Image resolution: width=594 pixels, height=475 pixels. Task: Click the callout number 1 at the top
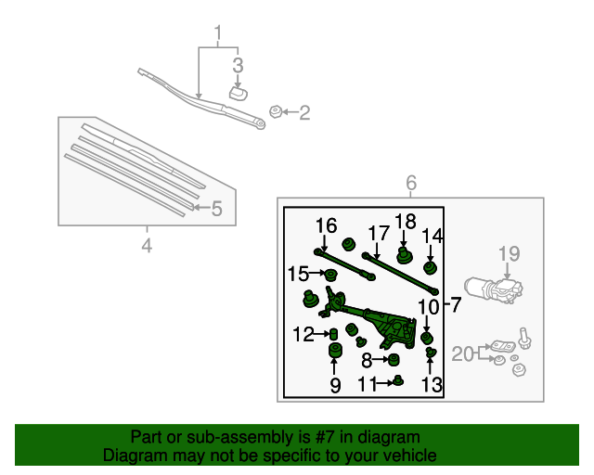[218, 36]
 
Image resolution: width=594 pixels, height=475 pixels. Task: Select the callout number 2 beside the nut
[303, 113]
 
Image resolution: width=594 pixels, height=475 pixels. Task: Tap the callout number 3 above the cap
[238, 65]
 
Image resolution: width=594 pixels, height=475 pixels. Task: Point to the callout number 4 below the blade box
[146, 246]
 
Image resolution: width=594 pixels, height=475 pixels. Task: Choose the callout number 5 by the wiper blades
[216, 209]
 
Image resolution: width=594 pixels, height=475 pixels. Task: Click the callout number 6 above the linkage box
[411, 183]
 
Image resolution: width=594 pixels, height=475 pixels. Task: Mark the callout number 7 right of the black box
[455, 303]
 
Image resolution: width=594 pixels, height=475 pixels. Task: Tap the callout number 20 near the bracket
[463, 353]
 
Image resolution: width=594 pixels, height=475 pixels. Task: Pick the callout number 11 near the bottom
[368, 383]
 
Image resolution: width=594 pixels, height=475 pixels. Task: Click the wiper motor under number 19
[492, 290]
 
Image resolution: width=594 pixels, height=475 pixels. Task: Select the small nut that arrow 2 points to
[275, 112]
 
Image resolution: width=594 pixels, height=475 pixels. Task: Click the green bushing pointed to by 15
[329, 274]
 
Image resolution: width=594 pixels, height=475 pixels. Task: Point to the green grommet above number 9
[334, 350]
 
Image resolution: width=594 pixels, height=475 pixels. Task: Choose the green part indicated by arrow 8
[394, 359]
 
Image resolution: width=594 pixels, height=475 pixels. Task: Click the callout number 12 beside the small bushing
[304, 334]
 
